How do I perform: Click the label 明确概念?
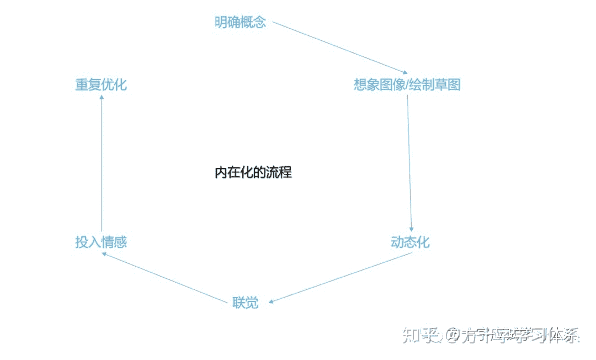pyautogui.click(x=240, y=23)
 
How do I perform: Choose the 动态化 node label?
pyautogui.click(x=410, y=242)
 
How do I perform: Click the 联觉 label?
pyautogui.click(x=245, y=303)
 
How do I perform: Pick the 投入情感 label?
pyautogui.click(x=101, y=242)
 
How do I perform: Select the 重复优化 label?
pyautogui.click(x=101, y=84)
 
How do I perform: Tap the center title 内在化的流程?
pyautogui.click(x=253, y=172)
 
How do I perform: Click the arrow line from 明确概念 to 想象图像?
pyautogui.click(x=339, y=48)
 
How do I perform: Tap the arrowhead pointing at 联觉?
pyautogui.click(x=272, y=301)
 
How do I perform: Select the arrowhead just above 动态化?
pyautogui.click(x=411, y=229)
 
